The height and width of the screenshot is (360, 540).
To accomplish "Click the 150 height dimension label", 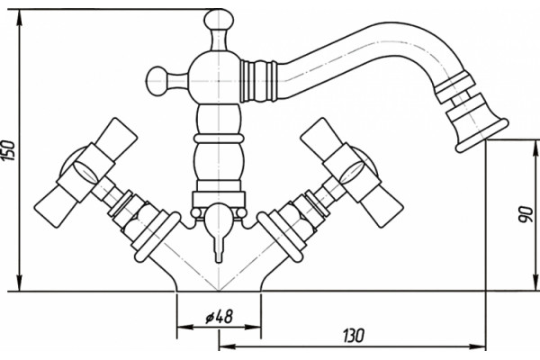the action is (8, 150).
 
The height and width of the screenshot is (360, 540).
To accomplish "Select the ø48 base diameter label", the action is (220, 316).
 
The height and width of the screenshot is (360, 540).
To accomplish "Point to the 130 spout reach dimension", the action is (353, 335).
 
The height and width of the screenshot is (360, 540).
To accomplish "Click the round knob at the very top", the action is (219, 20).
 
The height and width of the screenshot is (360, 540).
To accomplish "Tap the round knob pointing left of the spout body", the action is (158, 81).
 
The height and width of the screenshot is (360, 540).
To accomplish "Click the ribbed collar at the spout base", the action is (258, 81).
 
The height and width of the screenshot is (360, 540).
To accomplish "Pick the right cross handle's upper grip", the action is (322, 136).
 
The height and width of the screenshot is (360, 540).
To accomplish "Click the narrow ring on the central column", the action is (219, 139).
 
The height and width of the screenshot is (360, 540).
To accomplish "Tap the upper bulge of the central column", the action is (219, 119).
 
